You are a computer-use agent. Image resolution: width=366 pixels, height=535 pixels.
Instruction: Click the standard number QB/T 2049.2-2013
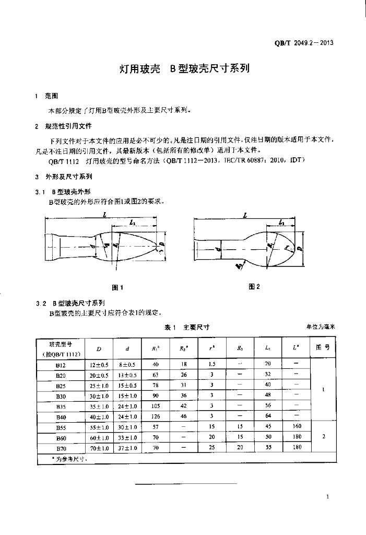tap(304, 43)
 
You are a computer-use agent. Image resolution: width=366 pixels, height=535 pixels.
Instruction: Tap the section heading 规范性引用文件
tap(68, 126)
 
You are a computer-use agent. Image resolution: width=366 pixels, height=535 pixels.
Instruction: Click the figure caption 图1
tap(118, 287)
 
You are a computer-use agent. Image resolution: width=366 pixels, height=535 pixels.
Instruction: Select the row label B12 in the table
tap(61, 364)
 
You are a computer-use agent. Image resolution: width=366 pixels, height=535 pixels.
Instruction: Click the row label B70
tap(61, 448)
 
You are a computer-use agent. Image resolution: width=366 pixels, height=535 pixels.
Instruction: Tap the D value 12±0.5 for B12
tap(99, 364)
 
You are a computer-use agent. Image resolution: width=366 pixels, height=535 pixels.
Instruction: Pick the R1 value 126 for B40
tap(155, 416)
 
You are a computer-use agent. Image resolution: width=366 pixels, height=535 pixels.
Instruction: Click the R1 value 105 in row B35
tap(155, 406)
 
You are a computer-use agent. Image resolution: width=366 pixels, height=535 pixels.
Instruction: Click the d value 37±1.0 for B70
tap(127, 448)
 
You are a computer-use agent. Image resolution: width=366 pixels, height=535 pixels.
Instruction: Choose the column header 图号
tap(323, 347)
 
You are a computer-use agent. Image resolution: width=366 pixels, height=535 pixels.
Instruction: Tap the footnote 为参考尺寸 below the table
tap(65, 459)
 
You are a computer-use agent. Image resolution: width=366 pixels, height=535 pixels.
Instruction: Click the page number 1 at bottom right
tap(326, 497)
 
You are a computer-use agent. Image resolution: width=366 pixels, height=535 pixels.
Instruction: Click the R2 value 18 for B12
tap(184, 364)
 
